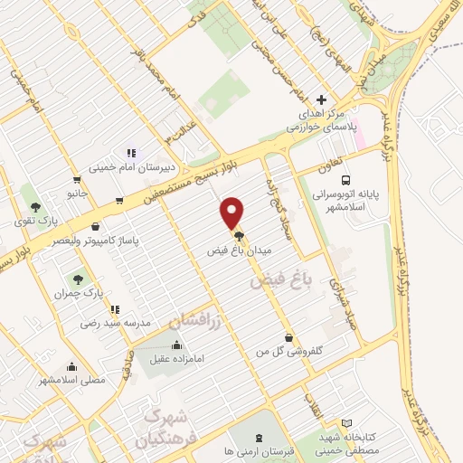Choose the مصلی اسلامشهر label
click(72, 380)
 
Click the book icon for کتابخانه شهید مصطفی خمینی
click(347, 422)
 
